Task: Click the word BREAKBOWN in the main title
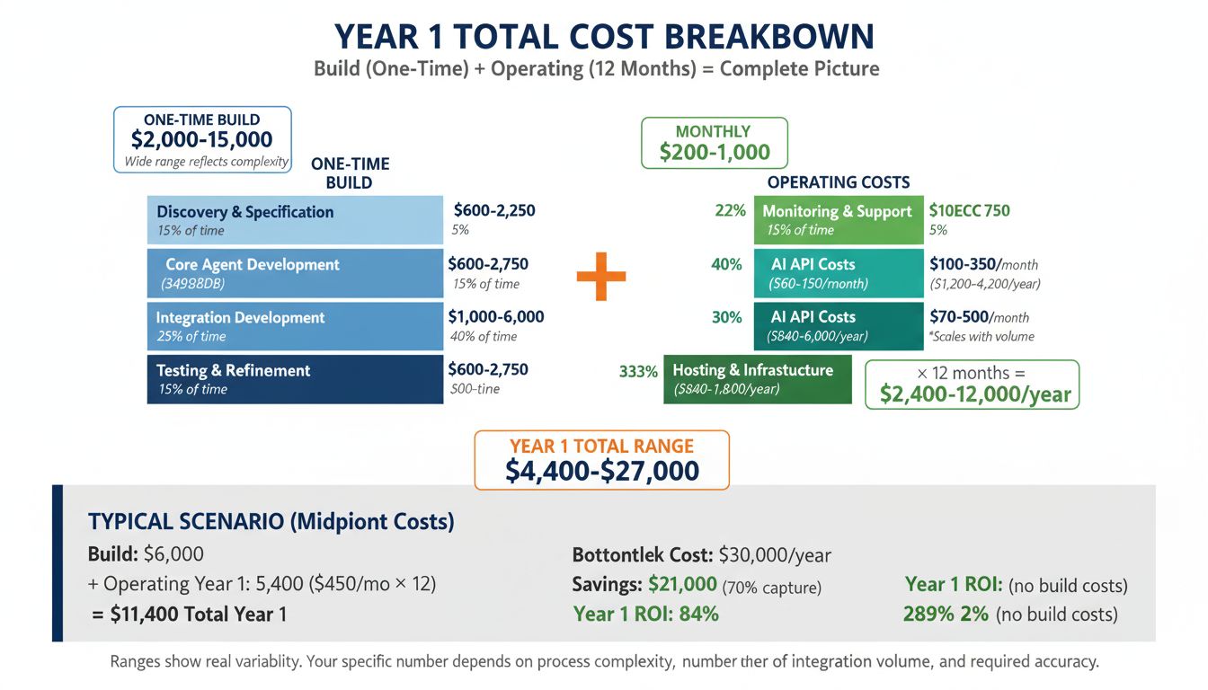(769, 36)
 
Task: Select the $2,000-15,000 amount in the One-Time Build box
(201, 139)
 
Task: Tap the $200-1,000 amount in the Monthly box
(714, 152)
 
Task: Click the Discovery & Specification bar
(295, 220)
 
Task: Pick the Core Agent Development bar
(295, 273)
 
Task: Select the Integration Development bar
(295, 326)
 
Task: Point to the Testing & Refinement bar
(295, 379)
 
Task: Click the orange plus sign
(601, 276)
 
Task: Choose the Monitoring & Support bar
(838, 220)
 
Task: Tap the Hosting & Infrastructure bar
(757, 379)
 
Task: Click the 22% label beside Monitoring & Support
(730, 211)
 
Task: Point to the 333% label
(638, 371)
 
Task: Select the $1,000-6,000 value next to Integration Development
(495, 317)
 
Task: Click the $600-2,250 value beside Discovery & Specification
(494, 211)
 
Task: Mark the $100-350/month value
(983, 265)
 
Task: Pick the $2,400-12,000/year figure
(975, 394)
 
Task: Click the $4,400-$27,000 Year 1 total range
(601, 471)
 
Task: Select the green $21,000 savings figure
(682, 585)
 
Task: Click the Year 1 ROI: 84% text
(645, 615)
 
